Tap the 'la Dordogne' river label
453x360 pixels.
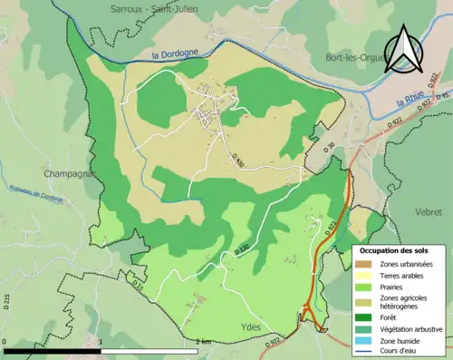[173, 55]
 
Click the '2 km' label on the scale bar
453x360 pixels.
[205, 342]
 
